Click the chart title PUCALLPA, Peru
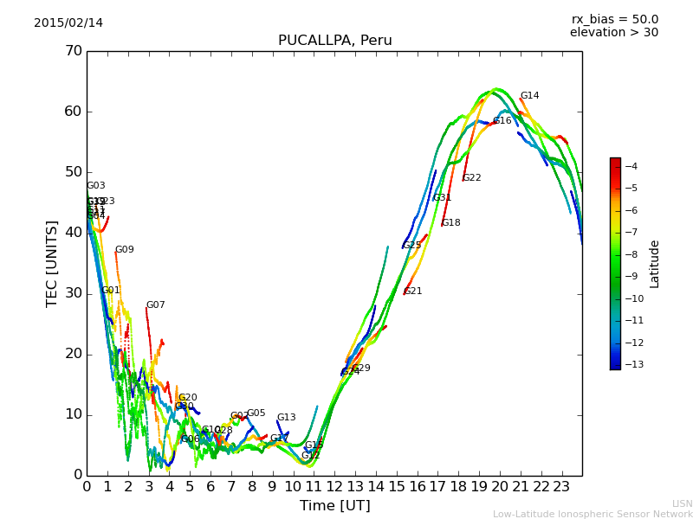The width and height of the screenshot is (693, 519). click(x=334, y=41)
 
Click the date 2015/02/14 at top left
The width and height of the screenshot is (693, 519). click(x=68, y=22)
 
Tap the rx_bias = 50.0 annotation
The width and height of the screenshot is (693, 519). click(x=614, y=19)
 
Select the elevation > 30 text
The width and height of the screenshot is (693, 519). click(x=613, y=33)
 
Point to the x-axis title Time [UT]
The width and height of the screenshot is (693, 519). click(x=334, y=505)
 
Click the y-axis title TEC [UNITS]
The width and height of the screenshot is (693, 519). click(x=51, y=263)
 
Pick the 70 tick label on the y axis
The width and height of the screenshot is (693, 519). click(x=73, y=51)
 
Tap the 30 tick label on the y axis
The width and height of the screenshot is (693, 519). click(x=73, y=293)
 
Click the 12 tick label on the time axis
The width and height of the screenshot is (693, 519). click(x=334, y=486)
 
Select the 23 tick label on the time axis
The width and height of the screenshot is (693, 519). click(x=561, y=486)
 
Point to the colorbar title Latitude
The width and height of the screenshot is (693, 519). click(x=655, y=264)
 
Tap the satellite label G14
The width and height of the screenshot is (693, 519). click(x=529, y=96)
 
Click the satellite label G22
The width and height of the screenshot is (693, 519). click(x=471, y=178)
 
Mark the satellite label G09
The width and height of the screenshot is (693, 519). click(x=125, y=250)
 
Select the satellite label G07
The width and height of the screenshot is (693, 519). click(x=155, y=305)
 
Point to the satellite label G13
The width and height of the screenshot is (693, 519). click(x=286, y=418)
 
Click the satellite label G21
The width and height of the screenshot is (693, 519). click(x=413, y=292)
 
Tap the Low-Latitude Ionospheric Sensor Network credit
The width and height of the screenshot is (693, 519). click(x=593, y=514)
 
